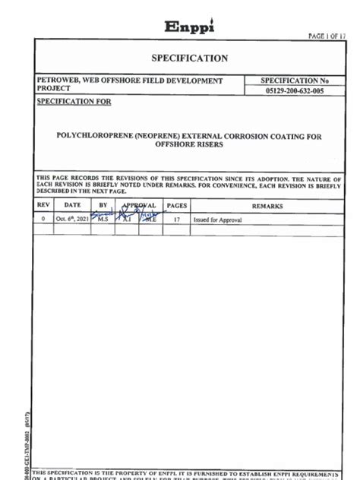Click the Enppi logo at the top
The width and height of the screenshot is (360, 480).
click(x=190, y=26)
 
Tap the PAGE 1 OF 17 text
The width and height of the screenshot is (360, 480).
click(x=327, y=36)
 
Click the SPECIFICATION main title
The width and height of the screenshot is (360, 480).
click(x=190, y=58)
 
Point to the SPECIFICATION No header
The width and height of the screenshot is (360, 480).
click(x=293, y=80)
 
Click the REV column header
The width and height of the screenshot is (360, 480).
click(x=43, y=205)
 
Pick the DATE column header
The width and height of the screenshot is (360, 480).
click(x=72, y=205)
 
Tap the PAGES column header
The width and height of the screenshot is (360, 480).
click(x=177, y=205)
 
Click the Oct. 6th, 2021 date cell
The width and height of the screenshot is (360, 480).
click(x=72, y=218)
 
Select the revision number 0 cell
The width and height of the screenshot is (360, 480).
click(x=43, y=218)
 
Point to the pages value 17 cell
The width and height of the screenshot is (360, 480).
click(x=177, y=218)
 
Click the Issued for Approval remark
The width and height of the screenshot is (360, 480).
click(x=219, y=218)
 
